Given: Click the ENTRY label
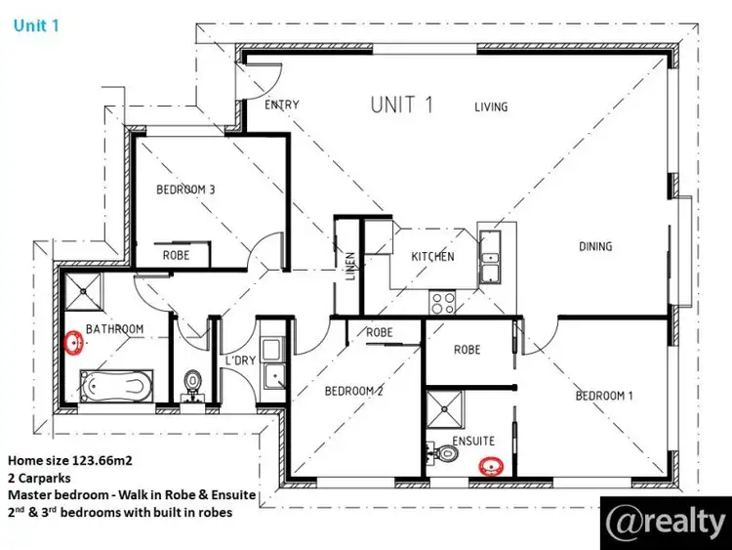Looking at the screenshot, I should point(282,106).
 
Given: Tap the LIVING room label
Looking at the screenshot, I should point(491,106).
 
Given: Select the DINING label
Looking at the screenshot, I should point(595,246).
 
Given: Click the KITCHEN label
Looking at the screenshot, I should point(432,257).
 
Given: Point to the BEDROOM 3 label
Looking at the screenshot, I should point(185,190).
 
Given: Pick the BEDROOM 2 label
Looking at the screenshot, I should point(353,391).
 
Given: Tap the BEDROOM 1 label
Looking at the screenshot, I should point(604,396).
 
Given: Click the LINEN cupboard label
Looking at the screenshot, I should point(350,267).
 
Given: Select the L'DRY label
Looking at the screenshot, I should point(239,360).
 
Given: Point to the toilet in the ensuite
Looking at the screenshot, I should point(447,453).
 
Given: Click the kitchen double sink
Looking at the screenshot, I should point(490,249).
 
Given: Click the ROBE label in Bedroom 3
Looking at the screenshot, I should point(177,254).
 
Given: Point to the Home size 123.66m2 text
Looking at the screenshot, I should point(65,459).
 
